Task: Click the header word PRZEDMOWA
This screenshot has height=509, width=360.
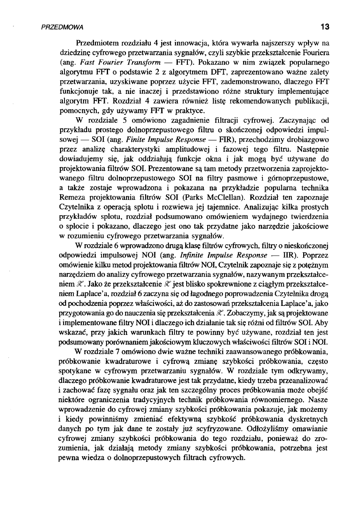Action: click(62, 27)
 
